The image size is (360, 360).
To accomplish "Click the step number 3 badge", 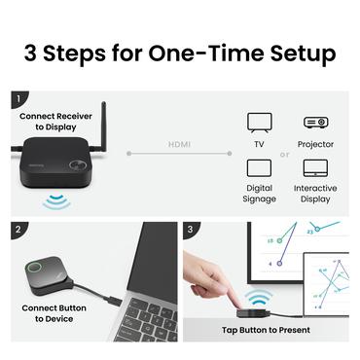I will click(192, 231).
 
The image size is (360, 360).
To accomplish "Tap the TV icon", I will click(260, 123).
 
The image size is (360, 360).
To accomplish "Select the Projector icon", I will click(315, 123).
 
